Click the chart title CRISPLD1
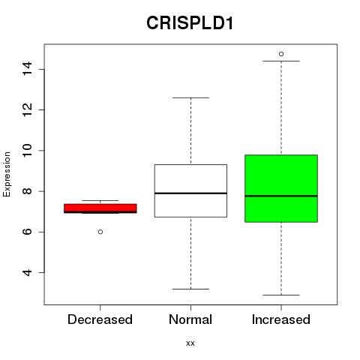[x=190, y=23]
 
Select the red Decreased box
[x=100, y=208]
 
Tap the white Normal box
[x=190, y=190]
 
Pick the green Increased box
[x=281, y=188]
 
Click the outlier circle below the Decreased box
[x=100, y=232]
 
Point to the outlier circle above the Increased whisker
[x=281, y=54]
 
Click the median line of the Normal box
[x=190, y=193]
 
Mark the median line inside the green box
[x=281, y=196]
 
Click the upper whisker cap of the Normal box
[x=190, y=97]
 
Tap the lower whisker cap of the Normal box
[x=190, y=289]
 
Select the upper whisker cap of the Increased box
[x=281, y=61]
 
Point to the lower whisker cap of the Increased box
[x=281, y=295]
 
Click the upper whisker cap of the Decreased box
[x=100, y=200]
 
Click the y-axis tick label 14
[x=27, y=69]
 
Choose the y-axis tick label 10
[x=27, y=150]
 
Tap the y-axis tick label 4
[x=27, y=272]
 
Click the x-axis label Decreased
[x=100, y=319]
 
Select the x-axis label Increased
[x=281, y=319]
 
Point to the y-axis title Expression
[x=7, y=174]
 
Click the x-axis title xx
[x=190, y=343]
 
